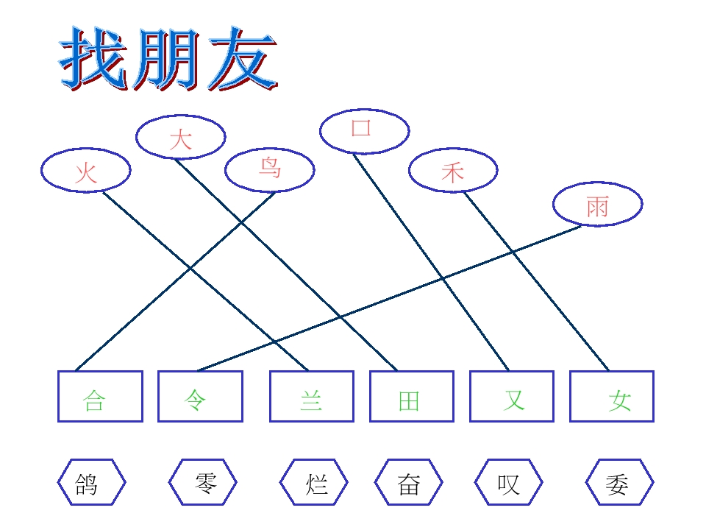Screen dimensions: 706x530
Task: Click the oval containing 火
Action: [85, 170]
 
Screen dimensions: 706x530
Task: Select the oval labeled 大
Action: [181, 137]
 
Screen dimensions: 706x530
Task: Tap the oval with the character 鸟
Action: [270, 170]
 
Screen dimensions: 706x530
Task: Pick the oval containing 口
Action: [364, 131]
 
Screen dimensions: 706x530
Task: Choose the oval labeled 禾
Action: [453, 170]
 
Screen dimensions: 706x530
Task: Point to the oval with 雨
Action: [597, 204]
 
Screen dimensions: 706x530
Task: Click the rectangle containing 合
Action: [101, 396]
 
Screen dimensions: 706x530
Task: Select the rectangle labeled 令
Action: [200, 396]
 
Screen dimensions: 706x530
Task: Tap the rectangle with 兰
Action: [312, 396]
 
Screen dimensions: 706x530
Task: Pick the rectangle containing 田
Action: [412, 396]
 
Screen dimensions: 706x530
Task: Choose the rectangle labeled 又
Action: [512, 396]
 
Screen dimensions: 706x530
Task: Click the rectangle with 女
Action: [611, 396]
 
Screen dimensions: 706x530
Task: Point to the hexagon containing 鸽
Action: [91, 482]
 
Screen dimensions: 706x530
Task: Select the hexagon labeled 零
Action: [203, 482]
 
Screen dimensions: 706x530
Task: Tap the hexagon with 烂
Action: [314, 482]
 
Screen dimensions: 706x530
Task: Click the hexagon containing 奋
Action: [408, 482]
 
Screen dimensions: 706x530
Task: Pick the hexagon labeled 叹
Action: [508, 482]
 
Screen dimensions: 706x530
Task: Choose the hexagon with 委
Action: [619, 482]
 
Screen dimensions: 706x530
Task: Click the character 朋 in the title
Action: [165, 59]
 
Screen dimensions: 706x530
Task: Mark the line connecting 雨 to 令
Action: [390, 298]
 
